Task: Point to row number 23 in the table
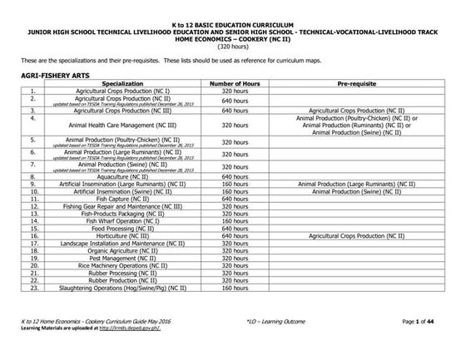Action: [32, 289]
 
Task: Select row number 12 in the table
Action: [32, 207]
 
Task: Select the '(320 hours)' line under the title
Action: [233, 46]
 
